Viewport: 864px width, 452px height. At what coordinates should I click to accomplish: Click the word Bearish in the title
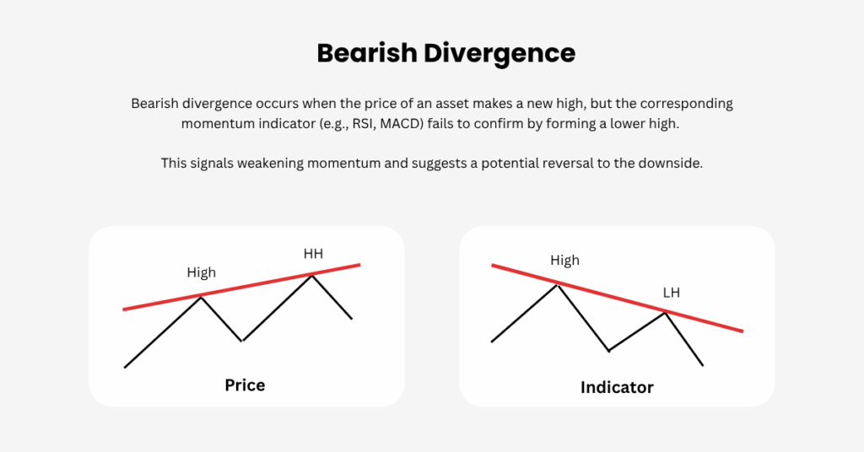(x=367, y=53)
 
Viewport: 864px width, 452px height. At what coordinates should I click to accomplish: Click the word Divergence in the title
(x=499, y=54)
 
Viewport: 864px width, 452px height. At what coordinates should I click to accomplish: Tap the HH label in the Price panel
(x=313, y=254)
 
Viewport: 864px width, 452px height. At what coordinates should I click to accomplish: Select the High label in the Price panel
(x=201, y=272)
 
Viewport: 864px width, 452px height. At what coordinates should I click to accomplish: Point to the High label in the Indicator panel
(x=564, y=260)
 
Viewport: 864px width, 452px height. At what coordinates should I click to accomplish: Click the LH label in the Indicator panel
(x=671, y=293)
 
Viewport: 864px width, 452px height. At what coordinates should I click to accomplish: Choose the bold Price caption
(x=245, y=385)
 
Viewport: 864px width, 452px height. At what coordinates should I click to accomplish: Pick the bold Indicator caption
(x=617, y=387)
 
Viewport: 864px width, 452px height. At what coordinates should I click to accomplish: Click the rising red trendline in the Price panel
(x=241, y=288)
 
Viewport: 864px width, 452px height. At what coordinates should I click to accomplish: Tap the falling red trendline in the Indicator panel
(x=617, y=299)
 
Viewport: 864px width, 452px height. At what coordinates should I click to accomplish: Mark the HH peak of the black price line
(x=312, y=275)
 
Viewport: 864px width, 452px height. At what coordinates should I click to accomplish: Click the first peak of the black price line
(x=201, y=298)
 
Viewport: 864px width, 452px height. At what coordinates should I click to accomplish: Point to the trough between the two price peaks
(x=242, y=341)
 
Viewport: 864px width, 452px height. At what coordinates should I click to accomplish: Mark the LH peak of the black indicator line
(x=665, y=313)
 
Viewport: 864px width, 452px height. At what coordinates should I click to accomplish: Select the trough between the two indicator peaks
(x=609, y=351)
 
